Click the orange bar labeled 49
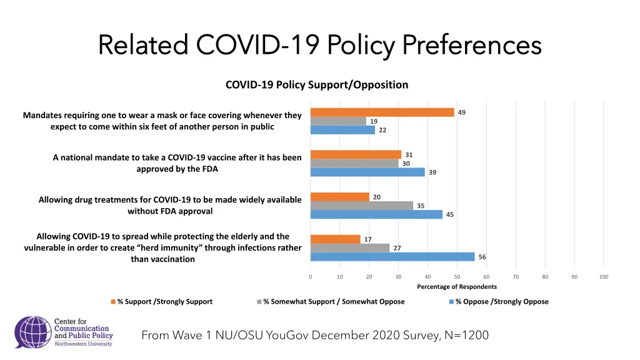(382, 112)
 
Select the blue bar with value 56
(392, 257)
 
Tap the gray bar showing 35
(361, 206)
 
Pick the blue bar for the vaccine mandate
(367, 172)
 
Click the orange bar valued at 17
(335, 239)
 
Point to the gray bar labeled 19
(338, 121)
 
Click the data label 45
(450, 214)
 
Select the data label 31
(409, 154)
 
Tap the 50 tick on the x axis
(457, 277)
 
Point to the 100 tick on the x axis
(603, 277)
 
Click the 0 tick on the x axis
(311, 277)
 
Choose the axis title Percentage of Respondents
(457, 287)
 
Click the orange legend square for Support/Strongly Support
(113, 302)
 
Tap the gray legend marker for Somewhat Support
(259, 302)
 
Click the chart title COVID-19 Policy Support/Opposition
(316, 85)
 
